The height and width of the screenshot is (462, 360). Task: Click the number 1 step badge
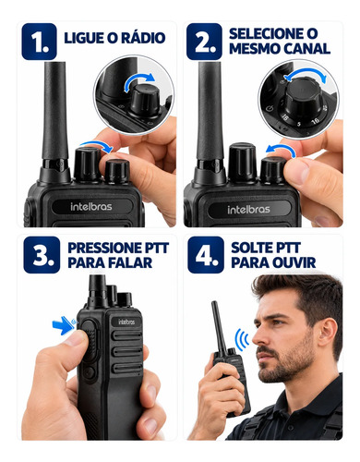pyautogui.click(x=39, y=42)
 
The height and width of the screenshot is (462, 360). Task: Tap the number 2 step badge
pyautogui.click(x=204, y=42)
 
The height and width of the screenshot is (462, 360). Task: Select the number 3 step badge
pyautogui.click(x=42, y=255)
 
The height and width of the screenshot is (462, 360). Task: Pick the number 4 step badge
pyautogui.click(x=206, y=255)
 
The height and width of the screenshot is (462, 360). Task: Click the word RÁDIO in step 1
pyautogui.click(x=143, y=38)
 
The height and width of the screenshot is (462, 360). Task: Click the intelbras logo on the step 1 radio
pyautogui.click(x=91, y=206)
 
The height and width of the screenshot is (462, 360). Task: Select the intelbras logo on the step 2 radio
pyautogui.click(x=248, y=210)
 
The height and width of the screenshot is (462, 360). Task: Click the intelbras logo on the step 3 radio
pyautogui.click(x=126, y=322)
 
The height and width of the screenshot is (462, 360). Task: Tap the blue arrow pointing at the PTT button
pyautogui.click(x=62, y=325)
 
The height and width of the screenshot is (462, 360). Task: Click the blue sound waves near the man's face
pyautogui.click(x=242, y=339)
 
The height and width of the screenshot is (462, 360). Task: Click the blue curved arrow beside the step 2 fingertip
pyautogui.click(x=281, y=150)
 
